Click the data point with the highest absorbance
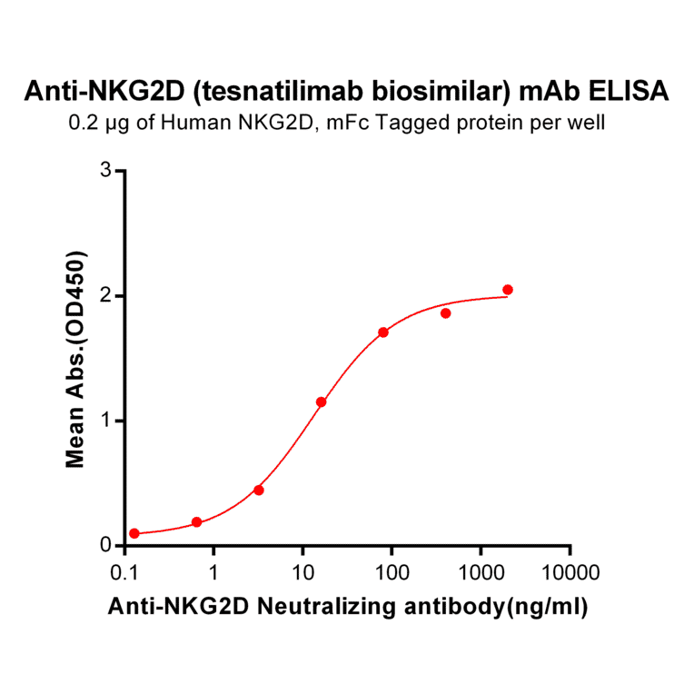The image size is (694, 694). [508, 290]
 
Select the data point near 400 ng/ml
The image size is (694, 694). [446, 313]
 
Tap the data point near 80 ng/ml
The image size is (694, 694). [383, 332]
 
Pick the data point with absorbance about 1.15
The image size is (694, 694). [321, 402]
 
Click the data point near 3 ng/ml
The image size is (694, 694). [259, 491]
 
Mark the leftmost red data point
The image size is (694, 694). [134, 533]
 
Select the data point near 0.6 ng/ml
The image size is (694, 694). [196, 522]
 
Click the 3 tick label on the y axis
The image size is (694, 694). [106, 171]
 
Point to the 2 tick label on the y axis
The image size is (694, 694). [106, 296]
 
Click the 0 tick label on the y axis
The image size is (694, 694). [106, 546]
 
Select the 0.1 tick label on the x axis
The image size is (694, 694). [124, 573]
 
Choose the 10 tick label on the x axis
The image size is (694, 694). [302, 573]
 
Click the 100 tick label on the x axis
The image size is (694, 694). [392, 573]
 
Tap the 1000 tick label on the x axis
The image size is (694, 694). [481, 573]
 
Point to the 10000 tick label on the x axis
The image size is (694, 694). [570, 573]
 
